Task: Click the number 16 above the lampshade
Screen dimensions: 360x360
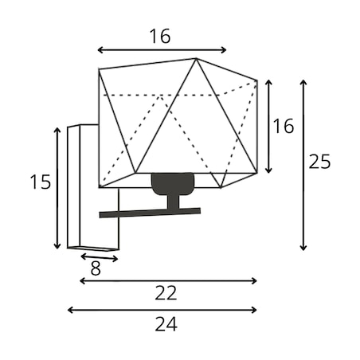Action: click(x=160, y=36)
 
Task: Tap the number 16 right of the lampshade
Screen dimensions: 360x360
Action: click(x=284, y=126)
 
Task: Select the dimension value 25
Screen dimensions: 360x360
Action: click(x=319, y=162)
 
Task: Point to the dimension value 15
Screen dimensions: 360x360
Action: click(x=41, y=182)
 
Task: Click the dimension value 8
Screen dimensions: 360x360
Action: click(x=96, y=268)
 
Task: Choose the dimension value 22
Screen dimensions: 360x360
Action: click(x=166, y=293)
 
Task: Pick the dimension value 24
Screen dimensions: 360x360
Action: click(x=166, y=324)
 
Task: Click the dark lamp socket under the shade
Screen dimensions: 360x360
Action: click(x=173, y=184)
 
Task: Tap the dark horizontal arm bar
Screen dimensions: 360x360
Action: click(x=150, y=213)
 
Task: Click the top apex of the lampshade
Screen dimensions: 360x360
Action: click(x=196, y=58)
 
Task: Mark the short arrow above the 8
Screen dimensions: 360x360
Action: click(x=99, y=257)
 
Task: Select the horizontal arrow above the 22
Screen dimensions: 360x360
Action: click(x=168, y=280)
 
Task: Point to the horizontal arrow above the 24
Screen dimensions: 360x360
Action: click(x=162, y=310)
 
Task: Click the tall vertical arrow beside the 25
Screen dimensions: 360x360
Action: click(x=303, y=165)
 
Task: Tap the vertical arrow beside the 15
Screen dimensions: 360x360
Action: click(x=57, y=188)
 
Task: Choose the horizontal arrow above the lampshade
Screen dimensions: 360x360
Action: click(x=162, y=49)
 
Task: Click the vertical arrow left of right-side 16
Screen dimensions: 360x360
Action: click(x=268, y=127)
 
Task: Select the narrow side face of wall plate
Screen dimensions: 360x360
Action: click(x=74, y=186)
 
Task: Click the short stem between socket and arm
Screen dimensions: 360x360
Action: click(x=173, y=202)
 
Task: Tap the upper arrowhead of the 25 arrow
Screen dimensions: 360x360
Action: click(x=303, y=82)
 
